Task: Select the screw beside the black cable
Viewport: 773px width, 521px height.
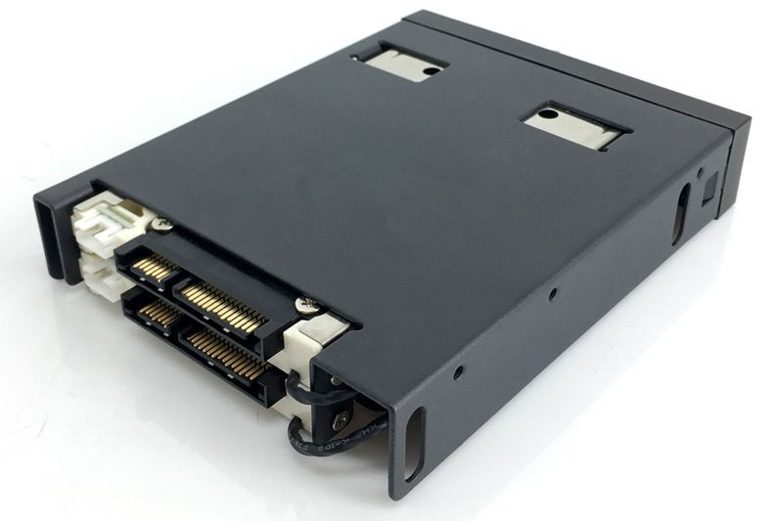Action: (341, 419)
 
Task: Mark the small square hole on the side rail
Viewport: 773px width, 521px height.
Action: (711, 183)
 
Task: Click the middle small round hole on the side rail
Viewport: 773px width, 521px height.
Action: (554, 291)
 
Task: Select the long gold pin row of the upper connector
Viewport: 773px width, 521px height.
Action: (224, 304)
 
